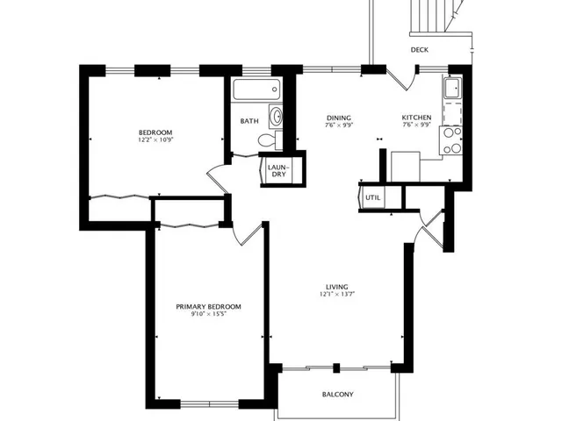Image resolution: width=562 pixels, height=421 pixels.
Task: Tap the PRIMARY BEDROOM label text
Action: point(208,306)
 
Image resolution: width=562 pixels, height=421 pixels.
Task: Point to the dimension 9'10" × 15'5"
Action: point(208,315)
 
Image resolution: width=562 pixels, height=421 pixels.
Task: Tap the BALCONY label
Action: point(337,395)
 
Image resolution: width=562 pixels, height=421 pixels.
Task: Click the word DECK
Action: point(420,50)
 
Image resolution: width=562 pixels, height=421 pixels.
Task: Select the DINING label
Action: point(339,118)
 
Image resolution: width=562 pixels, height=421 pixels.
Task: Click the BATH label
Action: point(249,122)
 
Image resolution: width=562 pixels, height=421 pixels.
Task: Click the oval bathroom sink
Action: point(276,116)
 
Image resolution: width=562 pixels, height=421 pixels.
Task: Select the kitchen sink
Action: point(452,89)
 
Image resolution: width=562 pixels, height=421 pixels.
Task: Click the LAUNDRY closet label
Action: point(277,170)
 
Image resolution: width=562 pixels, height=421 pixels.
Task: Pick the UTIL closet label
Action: point(372,199)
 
